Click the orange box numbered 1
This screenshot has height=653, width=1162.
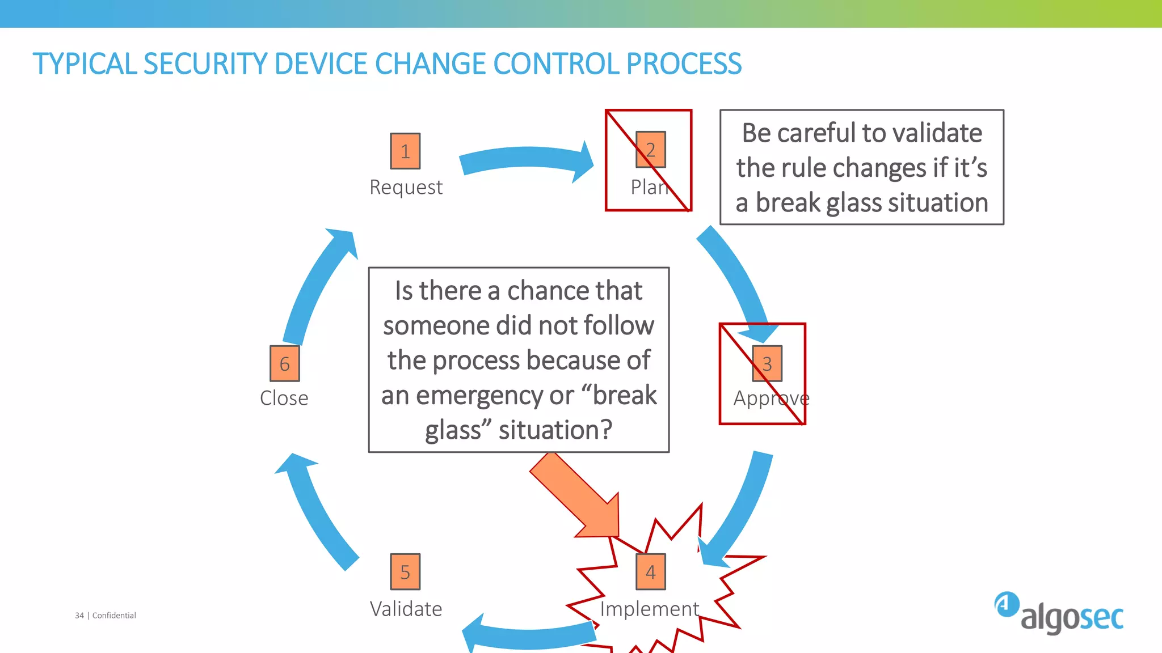405,151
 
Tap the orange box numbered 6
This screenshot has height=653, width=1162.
284,363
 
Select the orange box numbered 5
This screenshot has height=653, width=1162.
405,572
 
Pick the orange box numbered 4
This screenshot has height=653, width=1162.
650,572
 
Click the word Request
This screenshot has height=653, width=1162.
406,187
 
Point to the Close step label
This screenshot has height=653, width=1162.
284,398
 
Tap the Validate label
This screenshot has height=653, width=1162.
406,609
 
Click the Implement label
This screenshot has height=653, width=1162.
649,609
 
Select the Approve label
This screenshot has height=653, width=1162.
771,398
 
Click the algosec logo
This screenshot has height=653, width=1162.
1059,613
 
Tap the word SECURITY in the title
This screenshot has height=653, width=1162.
204,63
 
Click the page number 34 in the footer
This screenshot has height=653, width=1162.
79,616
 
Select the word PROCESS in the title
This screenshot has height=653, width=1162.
684,63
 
